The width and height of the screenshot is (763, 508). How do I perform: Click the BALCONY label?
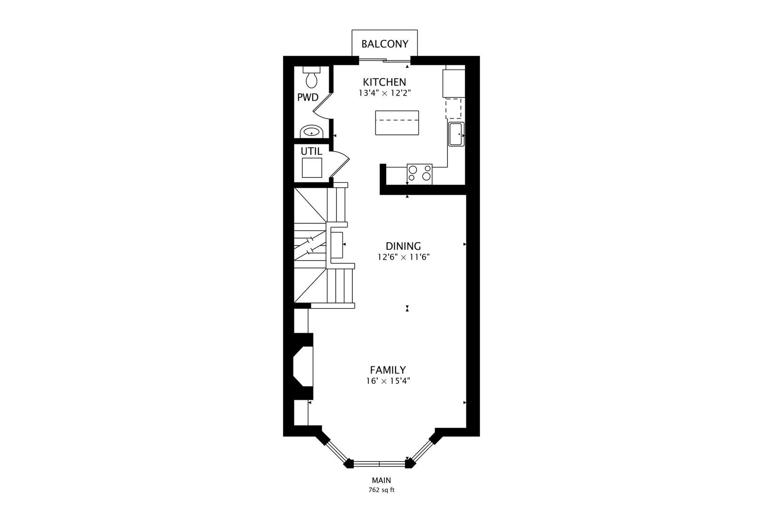pyautogui.click(x=384, y=44)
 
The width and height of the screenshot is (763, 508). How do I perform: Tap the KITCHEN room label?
pyautogui.click(x=384, y=82)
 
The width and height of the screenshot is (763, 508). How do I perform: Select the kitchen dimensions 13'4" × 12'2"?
pyautogui.click(x=384, y=93)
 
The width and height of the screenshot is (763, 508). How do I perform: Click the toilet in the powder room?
pyautogui.click(x=311, y=79)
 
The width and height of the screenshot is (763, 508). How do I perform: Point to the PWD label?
pyautogui.click(x=308, y=98)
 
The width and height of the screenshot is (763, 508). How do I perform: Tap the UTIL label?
pyautogui.click(x=311, y=152)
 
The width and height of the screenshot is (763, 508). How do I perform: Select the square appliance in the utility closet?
pyautogui.click(x=312, y=168)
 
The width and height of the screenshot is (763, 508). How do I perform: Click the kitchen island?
pyautogui.click(x=397, y=122)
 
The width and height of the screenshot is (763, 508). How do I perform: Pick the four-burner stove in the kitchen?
pyautogui.click(x=419, y=173)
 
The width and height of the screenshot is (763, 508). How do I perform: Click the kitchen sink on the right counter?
pyautogui.click(x=456, y=134)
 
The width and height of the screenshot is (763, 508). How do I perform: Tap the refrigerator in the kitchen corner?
pyautogui.click(x=454, y=83)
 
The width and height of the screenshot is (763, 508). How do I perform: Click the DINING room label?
pyautogui.click(x=403, y=246)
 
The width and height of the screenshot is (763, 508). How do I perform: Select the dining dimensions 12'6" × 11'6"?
pyautogui.click(x=403, y=257)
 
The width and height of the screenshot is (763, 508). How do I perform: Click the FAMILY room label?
pyautogui.click(x=388, y=370)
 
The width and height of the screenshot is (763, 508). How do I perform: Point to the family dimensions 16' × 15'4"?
pyautogui.click(x=388, y=381)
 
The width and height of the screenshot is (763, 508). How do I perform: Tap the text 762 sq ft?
pyautogui.click(x=381, y=490)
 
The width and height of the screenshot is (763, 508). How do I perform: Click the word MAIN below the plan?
pyautogui.click(x=381, y=481)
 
